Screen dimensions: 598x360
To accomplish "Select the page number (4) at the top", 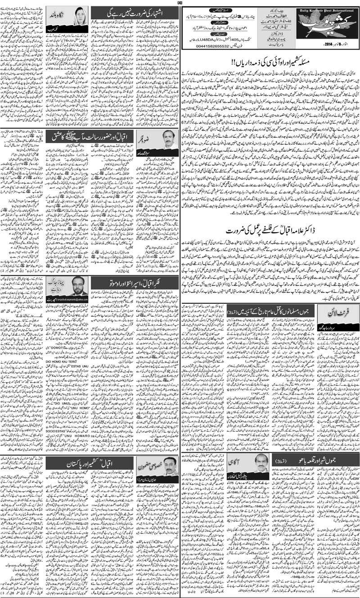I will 180,3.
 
